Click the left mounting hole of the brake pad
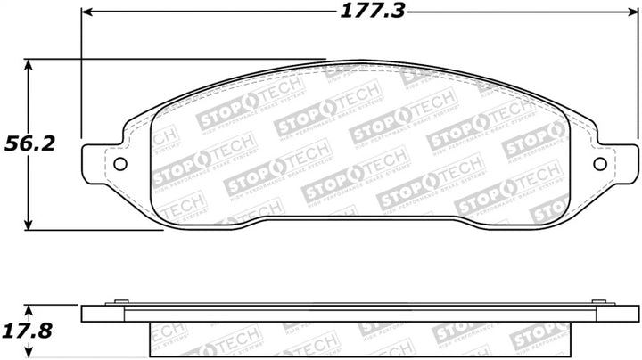(x=120, y=164)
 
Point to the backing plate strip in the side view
(x=357, y=315)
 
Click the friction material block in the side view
(x=357, y=339)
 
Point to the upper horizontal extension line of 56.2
(x=178, y=60)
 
